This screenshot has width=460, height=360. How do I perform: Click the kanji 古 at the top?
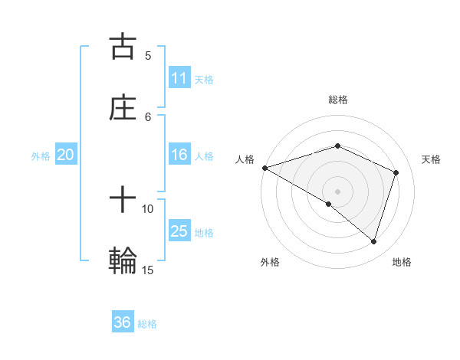pyautogui.click(x=123, y=46)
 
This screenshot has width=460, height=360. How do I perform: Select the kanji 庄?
pyautogui.click(x=123, y=108)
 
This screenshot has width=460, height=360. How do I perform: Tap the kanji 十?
pyautogui.click(x=123, y=201)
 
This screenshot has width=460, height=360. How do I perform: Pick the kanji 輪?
pyautogui.click(x=123, y=261)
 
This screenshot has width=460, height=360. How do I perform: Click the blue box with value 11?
pyautogui.click(x=179, y=78)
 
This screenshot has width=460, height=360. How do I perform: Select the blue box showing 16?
pyautogui.click(x=179, y=155)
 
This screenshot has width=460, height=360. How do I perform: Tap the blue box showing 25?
pyautogui.click(x=179, y=232)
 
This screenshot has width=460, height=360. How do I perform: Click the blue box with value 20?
pyautogui.click(x=66, y=155)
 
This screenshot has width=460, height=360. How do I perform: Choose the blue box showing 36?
pyautogui.click(x=123, y=323)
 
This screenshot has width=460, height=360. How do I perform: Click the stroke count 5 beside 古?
pyautogui.click(x=148, y=55)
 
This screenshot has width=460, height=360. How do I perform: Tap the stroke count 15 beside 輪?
pyautogui.click(x=148, y=270)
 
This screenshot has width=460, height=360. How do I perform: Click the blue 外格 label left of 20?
pyautogui.click(x=41, y=156)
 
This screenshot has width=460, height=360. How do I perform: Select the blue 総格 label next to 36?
pyautogui.click(x=147, y=324)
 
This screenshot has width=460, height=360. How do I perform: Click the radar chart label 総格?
pyautogui.click(x=338, y=100)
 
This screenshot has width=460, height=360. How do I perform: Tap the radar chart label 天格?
pyautogui.click(x=432, y=159)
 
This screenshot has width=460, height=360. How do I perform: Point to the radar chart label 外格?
pyautogui.click(x=270, y=262)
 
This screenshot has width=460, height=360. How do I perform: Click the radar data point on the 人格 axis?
pyautogui.click(x=264, y=168)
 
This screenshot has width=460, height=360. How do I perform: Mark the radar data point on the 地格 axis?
pyautogui.click(x=374, y=242)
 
